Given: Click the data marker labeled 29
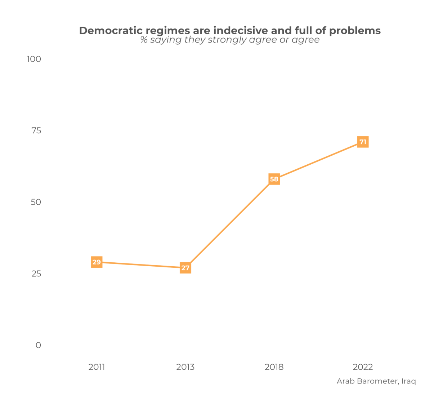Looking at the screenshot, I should click(x=97, y=262).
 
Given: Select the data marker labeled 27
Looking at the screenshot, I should click(x=185, y=268).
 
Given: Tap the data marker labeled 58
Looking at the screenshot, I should click(x=274, y=179).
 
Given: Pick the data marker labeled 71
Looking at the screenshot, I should click(x=363, y=142).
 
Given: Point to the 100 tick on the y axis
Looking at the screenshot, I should click(x=34, y=59).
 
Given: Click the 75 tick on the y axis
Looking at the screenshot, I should click(x=36, y=130).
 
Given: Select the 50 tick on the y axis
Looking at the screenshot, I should click(x=36, y=202).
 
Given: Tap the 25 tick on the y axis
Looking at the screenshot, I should click(x=36, y=274).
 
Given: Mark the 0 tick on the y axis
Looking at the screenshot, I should click(x=38, y=345).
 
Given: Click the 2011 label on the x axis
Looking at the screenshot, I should click(x=97, y=367).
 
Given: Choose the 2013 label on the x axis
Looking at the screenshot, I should click(x=185, y=367).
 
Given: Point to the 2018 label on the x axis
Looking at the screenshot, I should click(x=274, y=367).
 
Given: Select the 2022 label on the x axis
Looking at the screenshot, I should click(x=363, y=367).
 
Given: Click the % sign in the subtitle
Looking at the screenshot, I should click(x=144, y=40).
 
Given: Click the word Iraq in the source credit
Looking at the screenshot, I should click(x=409, y=381).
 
